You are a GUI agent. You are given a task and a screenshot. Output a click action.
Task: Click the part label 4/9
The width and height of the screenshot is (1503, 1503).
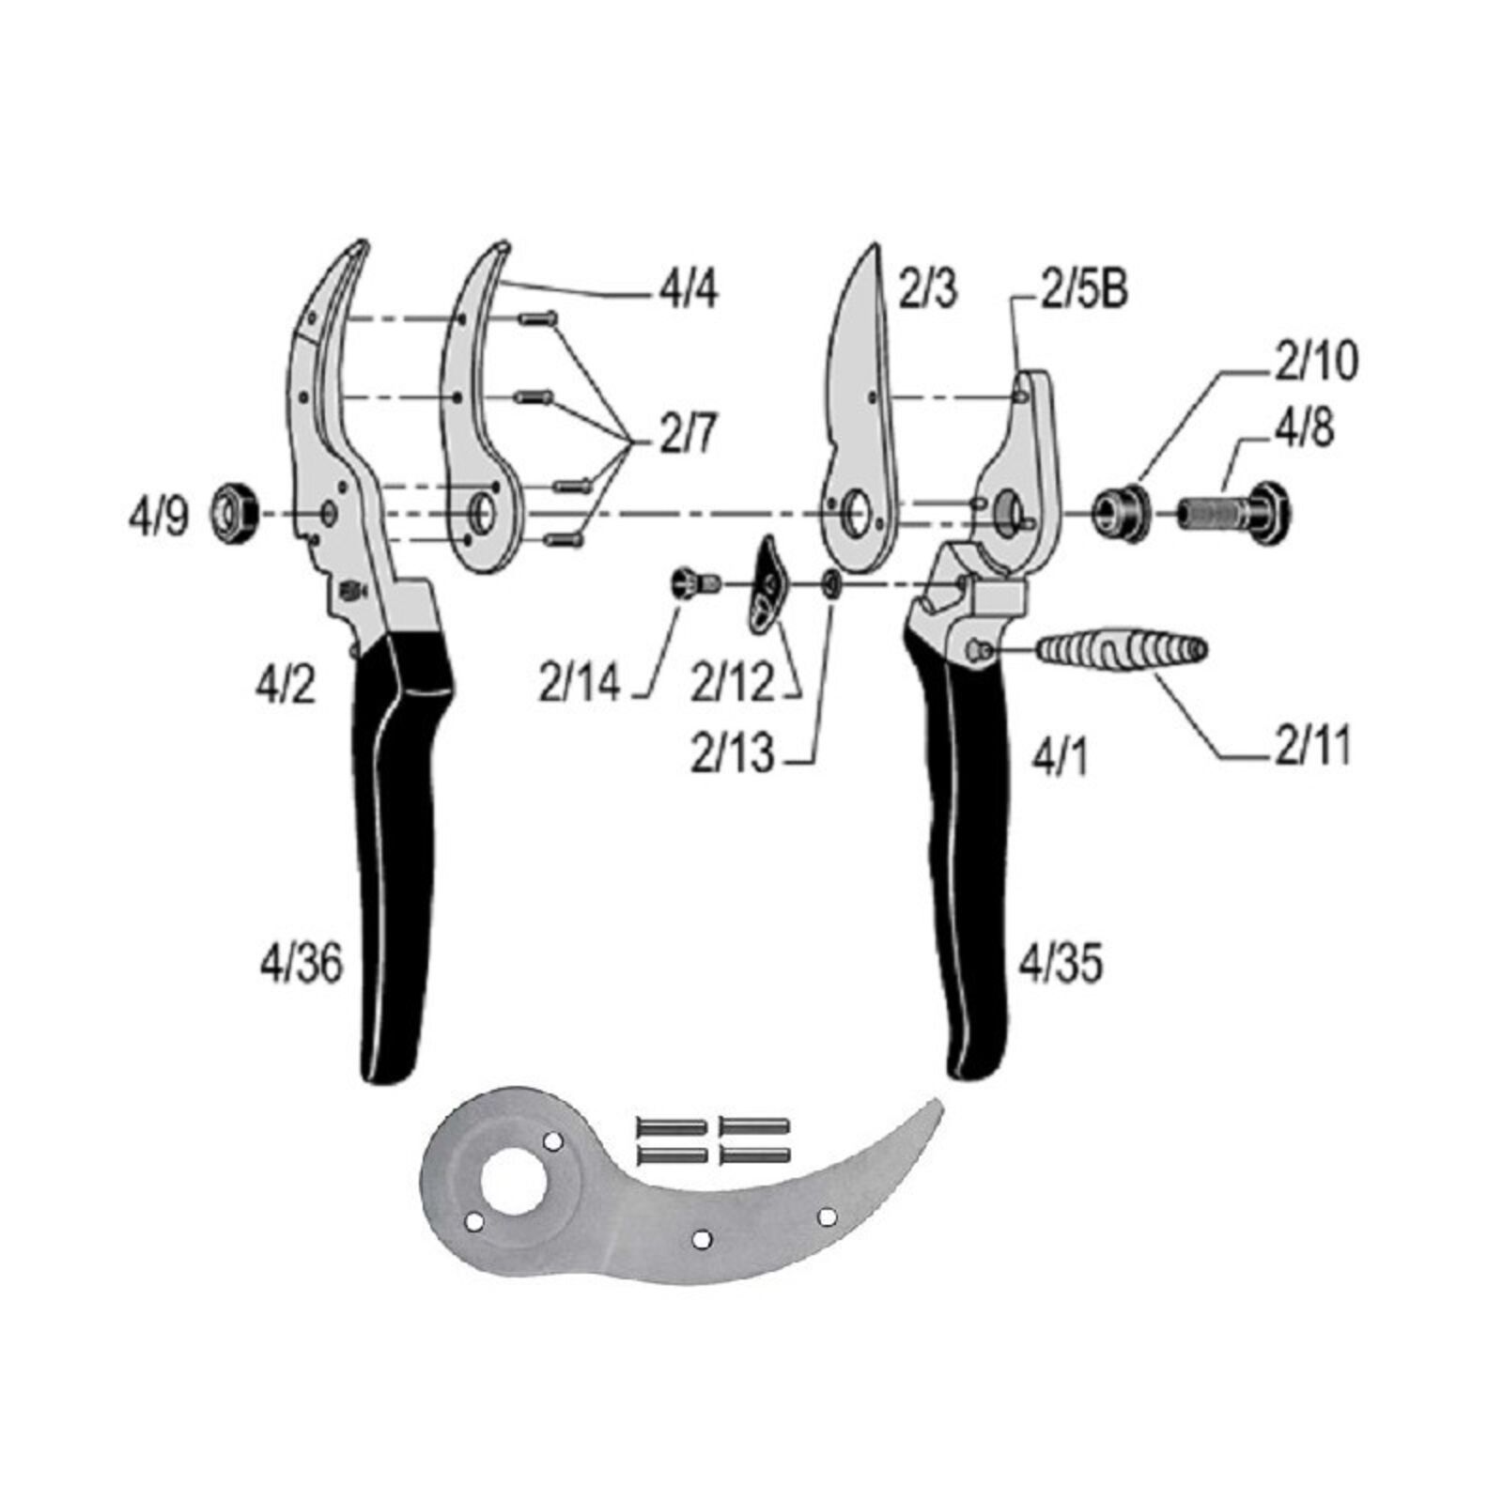pos(158,518)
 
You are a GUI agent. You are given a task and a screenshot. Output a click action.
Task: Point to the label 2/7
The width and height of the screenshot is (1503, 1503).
pos(689,435)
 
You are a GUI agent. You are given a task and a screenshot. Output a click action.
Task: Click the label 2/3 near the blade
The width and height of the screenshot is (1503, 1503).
pos(928,289)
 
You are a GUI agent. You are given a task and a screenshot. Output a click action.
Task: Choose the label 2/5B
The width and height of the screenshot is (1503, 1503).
pos(1084,290)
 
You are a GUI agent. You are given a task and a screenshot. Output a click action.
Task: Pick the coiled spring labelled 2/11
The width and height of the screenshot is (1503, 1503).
pos(1122,649)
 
